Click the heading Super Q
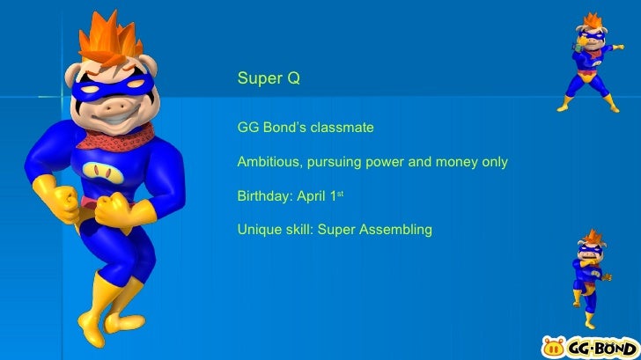pyautogui.click(x=269, y=79)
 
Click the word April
pyautogui.click(x=313, y=196)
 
